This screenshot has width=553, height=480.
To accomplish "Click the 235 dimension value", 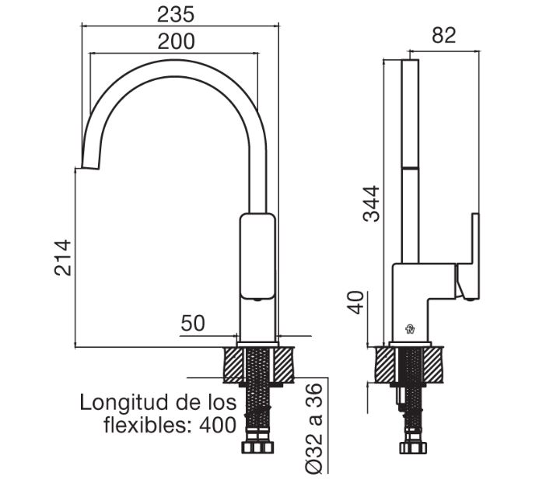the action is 176,15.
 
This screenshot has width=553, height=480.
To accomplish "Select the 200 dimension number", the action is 176,41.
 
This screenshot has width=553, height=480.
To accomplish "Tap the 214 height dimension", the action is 63,258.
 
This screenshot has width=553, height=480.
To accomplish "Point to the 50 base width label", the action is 193,323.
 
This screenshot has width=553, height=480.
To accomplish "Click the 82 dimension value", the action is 443,35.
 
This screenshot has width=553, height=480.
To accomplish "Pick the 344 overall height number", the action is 371,204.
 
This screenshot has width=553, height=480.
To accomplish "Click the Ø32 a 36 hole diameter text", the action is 313,428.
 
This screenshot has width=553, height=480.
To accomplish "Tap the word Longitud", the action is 128,402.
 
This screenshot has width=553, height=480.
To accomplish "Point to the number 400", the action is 218,425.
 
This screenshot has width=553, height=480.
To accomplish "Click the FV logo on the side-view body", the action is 410,329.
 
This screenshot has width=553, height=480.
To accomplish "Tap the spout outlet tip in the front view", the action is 90,167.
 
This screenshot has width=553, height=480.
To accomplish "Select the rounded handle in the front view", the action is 257,257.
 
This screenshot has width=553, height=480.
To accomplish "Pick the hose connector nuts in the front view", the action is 257,448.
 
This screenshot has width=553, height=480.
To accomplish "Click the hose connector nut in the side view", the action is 413,448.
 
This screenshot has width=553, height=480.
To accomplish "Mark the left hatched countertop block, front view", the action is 233,365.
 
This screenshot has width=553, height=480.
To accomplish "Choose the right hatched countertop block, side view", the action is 433,365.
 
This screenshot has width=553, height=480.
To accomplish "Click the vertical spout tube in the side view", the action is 410,162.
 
